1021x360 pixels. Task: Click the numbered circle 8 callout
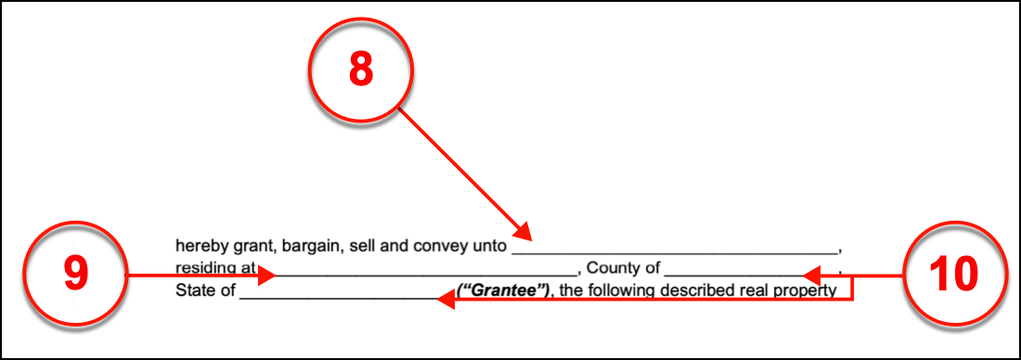point(360,74)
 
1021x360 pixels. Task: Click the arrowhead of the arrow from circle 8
point(523,232)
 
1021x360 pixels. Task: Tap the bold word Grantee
point(502,290)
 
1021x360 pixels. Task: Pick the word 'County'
point(613,269)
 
